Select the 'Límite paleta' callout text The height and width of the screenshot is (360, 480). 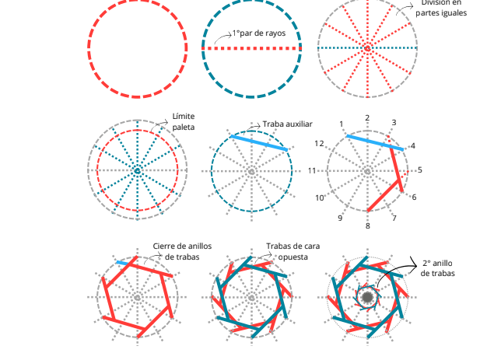click(x=184, y=121)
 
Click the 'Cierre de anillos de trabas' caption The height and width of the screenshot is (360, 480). click(x=182, y=251)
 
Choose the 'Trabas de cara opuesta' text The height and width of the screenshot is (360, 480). click(x=293, y=251)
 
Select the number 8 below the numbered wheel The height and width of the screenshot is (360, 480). click(x=367, y=226)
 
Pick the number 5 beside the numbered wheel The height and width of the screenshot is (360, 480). click(x=420, y=170)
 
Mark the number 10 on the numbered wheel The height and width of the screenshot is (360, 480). click(x=320, y=198)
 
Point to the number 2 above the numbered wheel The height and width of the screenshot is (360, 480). click(x=367, y=118)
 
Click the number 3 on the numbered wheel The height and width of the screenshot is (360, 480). click(x=394, y=123)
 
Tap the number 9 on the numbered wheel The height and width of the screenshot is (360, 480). click(x=340, y=218)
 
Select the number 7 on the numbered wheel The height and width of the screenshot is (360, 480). click(x=394, y=218)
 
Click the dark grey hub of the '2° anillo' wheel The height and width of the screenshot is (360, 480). click(x=366, y=297)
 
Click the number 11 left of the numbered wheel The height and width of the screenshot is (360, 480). click(x=312, y=170)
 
